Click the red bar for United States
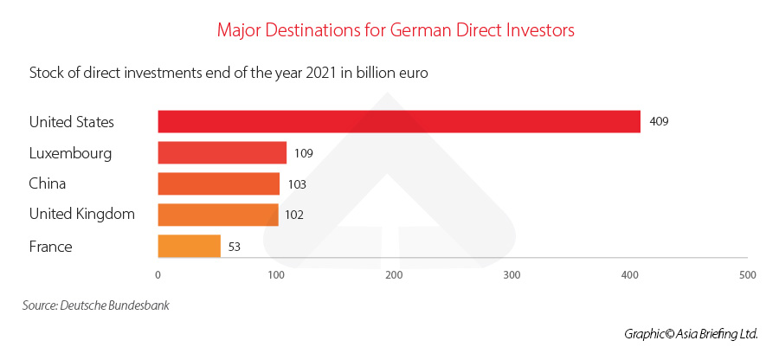pos(398,122)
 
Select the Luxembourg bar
pos(222,153)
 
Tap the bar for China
pos(218,183)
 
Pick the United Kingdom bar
pos(217,215)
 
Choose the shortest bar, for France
pos(189,246)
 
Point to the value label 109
pos(303,153)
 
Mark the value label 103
pos(297,184)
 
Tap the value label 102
pos(294,215)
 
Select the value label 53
pos(233,247)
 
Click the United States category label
pos(71,122)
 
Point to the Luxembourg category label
pos(70,153)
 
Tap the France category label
pos(50,247)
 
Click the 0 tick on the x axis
pos(158,274)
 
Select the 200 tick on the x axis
pos(394,274)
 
